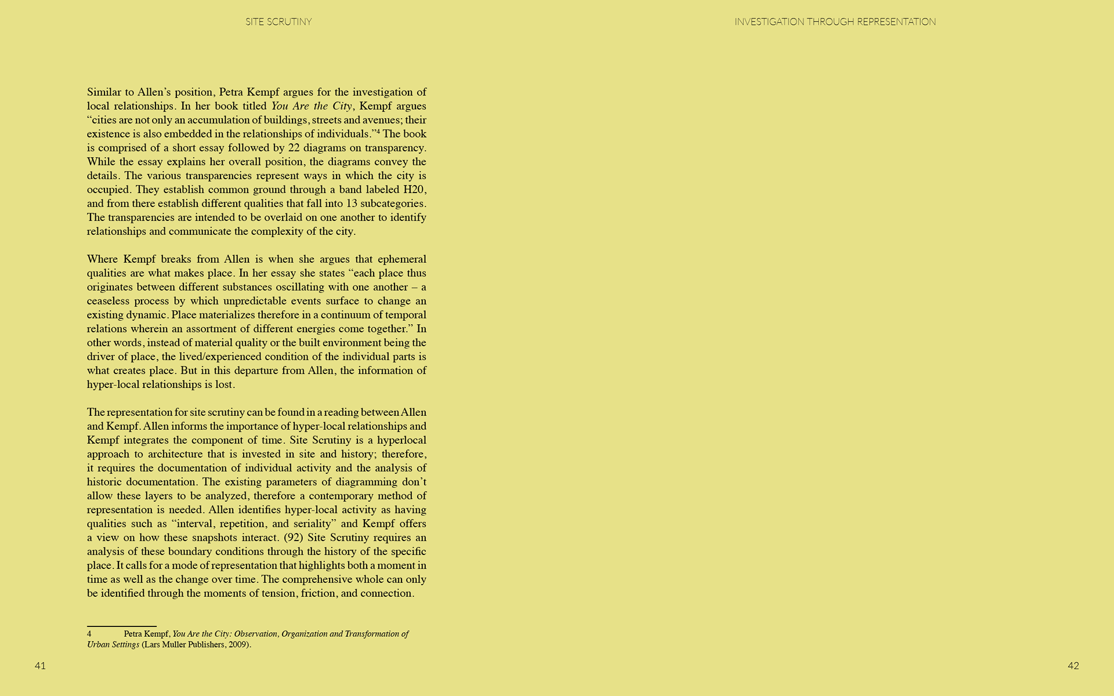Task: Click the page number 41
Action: (x=40, y=666)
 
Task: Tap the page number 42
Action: (x=1073, y=666)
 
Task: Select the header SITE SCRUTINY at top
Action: (x=278, y=22)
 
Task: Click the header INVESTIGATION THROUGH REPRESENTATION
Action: (x=835, y=22)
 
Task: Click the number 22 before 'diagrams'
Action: (x=294, y=148)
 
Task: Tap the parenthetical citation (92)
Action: (x=294, y=538)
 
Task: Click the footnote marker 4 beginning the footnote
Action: (x=89, y=634)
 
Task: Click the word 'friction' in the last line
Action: (x=318, y=593)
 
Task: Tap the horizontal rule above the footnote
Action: (x=122, y=626)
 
